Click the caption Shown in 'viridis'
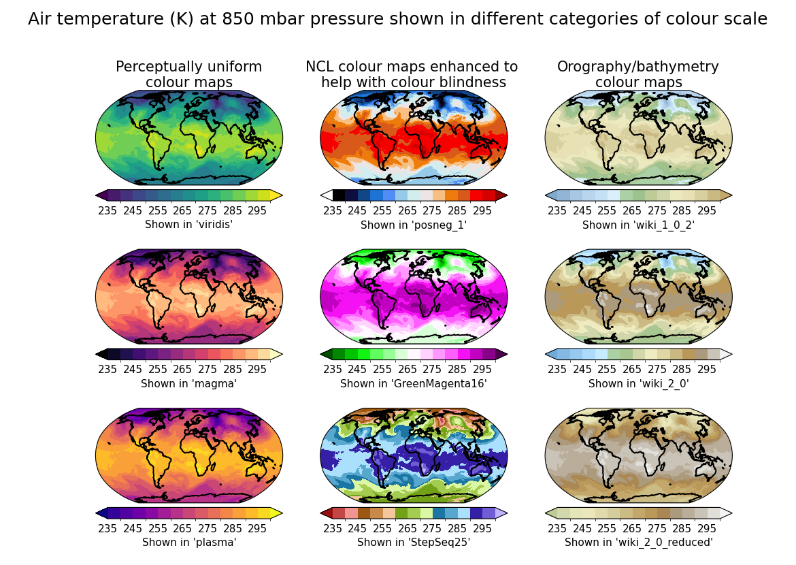(188, 225)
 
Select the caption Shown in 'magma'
(188, 384)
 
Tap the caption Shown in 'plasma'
(188, 543)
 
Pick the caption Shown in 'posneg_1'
(413, 225)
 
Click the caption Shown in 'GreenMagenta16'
(413, 384)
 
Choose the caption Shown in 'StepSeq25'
(413, 543)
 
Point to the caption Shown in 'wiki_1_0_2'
(638, 225)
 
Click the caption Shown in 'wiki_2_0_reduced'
(638, 543)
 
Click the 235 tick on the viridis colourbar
(107, 211)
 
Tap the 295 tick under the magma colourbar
(257, 370)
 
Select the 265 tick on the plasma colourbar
(182, 528)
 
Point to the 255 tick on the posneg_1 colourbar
(382, 211)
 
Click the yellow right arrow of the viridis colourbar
(276, 195)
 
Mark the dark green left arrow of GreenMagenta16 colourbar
(326, 354)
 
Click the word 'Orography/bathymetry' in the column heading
(637, 67)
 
